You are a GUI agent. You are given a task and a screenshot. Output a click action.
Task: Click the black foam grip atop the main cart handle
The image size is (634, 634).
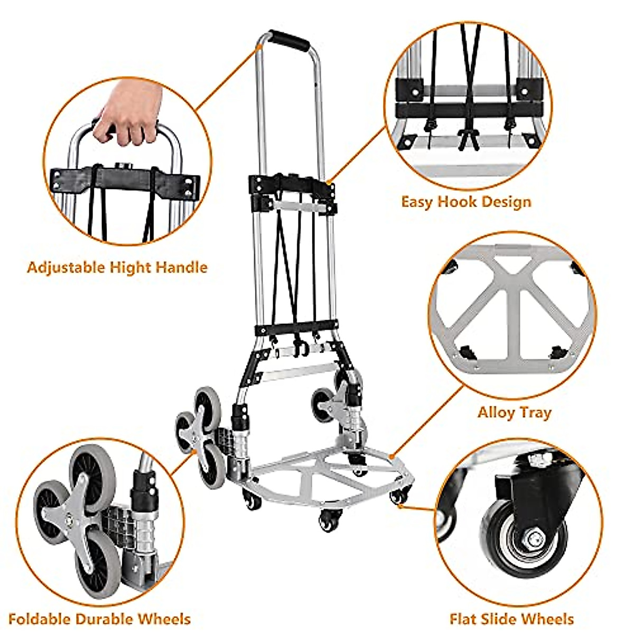(288, 40)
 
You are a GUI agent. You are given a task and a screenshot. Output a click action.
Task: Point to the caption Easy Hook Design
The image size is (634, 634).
(466, 202)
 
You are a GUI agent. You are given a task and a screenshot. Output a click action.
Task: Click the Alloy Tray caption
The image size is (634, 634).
(514, 412)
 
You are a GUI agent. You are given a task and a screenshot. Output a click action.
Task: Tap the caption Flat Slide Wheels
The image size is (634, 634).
(511, 619)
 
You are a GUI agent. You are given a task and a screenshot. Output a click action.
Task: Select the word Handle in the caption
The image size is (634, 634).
(183, 267)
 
